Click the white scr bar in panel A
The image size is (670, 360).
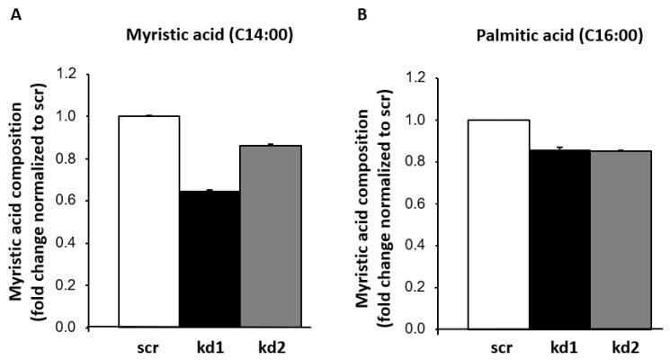[148, 221]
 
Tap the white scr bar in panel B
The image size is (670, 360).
[498, 224]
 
